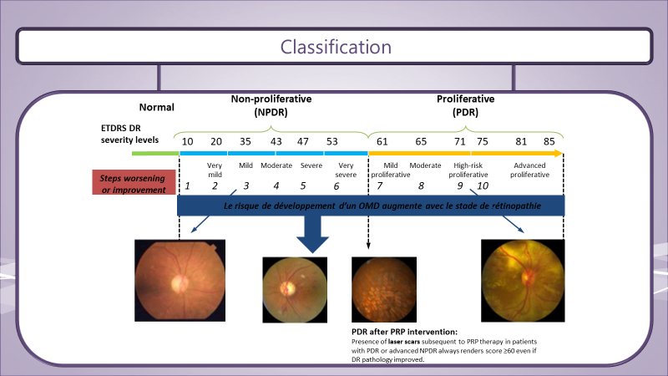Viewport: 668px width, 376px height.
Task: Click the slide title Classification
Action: (336, 47)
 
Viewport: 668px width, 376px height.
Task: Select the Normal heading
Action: (156, 107)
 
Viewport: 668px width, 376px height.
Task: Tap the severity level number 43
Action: (276, 141)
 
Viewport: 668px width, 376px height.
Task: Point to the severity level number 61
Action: (382, 141)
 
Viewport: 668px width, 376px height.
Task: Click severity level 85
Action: (549, 141)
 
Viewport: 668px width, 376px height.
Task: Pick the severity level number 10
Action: (187, 141)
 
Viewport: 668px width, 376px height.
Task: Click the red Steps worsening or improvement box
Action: (134, 182)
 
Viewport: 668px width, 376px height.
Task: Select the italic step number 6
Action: (337, 185)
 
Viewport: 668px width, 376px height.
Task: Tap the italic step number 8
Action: (421, 185)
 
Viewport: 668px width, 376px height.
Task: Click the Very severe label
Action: (346, 170)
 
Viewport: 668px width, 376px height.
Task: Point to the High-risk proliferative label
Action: (468, 170)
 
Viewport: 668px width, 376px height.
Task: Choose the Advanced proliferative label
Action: (529, 170)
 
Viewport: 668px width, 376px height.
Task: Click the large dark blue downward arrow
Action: (312, 234)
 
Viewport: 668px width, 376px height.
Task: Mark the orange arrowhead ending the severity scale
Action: (559, 154)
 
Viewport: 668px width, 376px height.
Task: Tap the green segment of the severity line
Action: (155, 154)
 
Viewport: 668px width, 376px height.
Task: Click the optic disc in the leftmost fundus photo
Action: (180, 283)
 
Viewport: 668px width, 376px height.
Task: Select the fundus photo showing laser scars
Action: (384, 289)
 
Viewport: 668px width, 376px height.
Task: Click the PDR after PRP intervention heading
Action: (404, 332)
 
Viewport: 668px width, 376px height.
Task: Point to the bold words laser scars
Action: (404, 342)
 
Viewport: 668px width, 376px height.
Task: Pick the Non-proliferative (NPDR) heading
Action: (271, 105)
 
